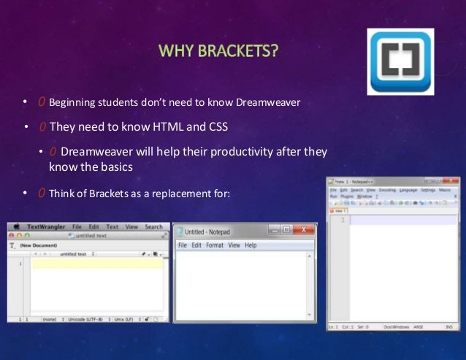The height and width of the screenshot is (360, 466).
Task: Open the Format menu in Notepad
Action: click(215, 245)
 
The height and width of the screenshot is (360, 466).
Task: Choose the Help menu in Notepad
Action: click(251, 245)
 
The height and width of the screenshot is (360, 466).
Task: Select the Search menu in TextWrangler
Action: click(153, 227)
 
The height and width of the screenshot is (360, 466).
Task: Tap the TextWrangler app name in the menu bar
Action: click(45, 227)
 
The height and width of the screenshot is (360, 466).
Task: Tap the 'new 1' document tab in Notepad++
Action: click(340, 211)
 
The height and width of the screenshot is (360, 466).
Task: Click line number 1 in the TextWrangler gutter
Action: click(20, 264)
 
